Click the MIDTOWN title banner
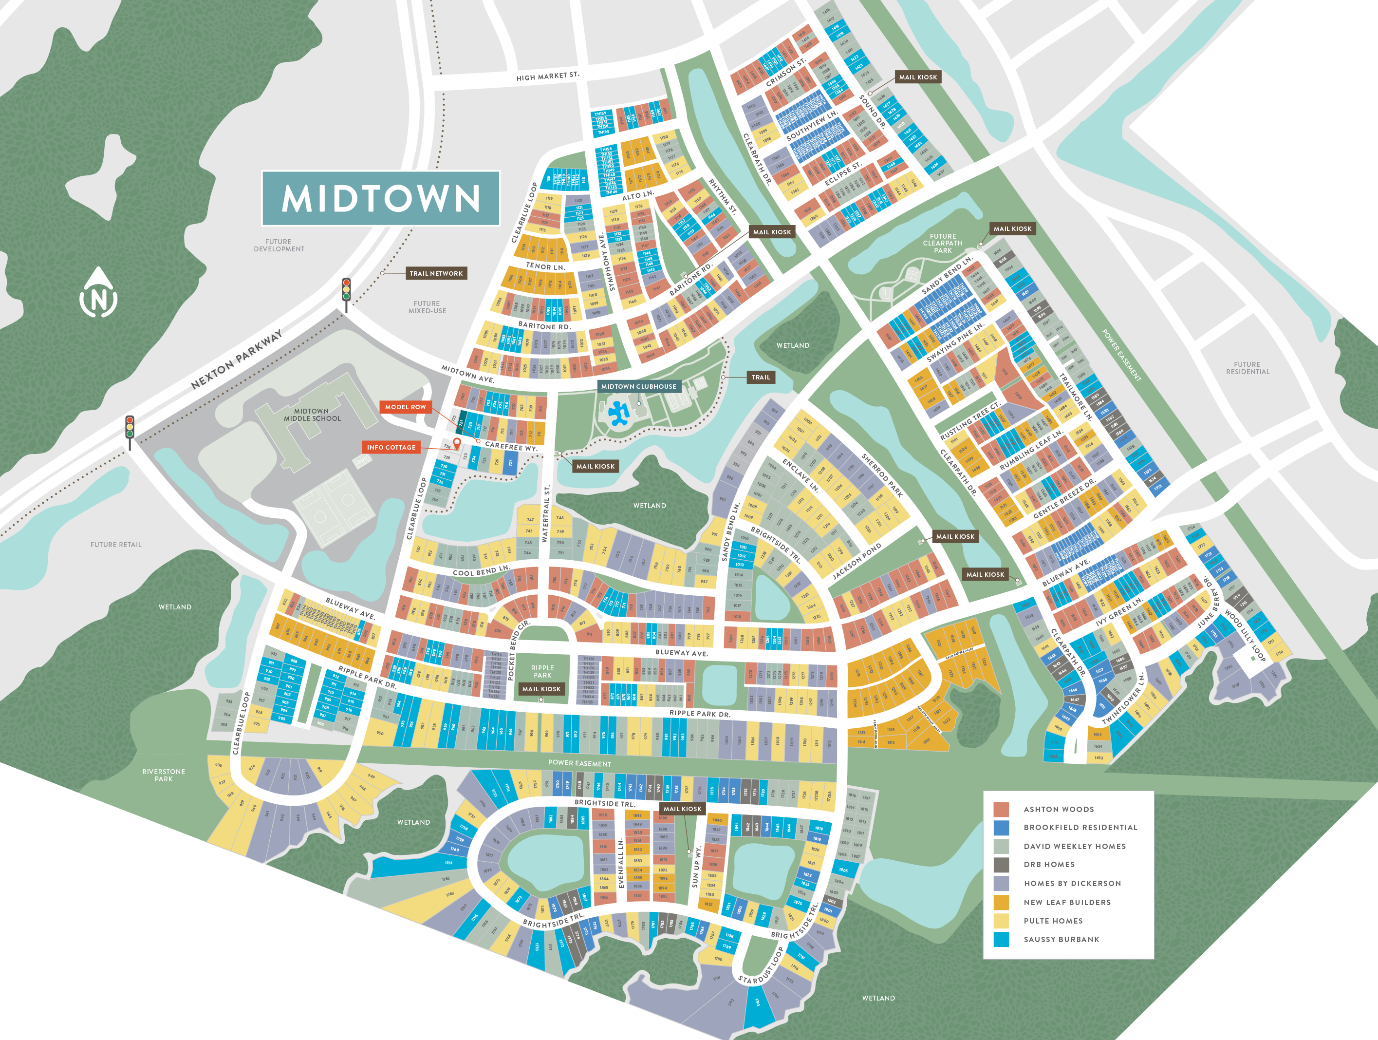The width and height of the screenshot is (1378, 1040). tap(381, 198)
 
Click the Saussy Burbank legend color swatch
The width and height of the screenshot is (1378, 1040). tap(1001, 939)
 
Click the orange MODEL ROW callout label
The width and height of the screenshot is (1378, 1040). tap(405, 407)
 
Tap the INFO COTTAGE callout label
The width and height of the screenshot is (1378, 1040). tap(391, 447)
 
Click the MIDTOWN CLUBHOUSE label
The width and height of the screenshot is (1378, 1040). tap(638, 386)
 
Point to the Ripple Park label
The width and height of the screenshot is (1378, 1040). tap(542, 671)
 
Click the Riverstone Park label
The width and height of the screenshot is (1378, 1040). tap(163, 775)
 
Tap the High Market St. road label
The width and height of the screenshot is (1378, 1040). tap(548, 76)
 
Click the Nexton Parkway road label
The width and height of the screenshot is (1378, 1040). tap(236, 359)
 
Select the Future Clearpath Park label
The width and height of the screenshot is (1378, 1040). tap(943, 243)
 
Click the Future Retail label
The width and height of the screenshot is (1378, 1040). tap(116, 545)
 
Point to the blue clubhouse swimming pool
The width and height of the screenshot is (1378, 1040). tap(618, 413)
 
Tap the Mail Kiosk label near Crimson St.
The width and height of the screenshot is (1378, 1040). tap(918, 77)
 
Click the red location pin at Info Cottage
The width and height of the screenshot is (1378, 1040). tap(457, 443)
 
